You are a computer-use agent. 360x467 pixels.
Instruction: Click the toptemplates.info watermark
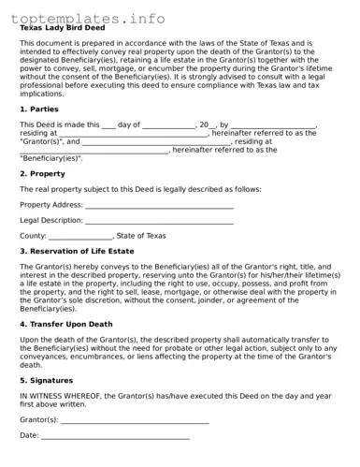(88, 18)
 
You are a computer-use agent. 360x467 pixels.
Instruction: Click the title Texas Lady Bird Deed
(63, 28)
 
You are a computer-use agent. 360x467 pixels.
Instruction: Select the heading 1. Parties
(39, 109)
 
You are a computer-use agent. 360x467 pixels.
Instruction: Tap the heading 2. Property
(43, 173)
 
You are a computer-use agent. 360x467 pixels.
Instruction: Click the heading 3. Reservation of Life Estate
(77, 251)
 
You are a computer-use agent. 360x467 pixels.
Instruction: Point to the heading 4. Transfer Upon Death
(66, 324)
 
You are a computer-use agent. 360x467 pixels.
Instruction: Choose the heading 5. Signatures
(47, 381)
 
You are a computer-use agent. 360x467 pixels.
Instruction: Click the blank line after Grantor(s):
(135, 421)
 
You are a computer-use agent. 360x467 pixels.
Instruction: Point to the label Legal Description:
(51, 221)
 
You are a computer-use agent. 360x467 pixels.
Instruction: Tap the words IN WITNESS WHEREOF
(60, 396)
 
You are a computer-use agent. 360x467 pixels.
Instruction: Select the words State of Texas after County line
(141, 236)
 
